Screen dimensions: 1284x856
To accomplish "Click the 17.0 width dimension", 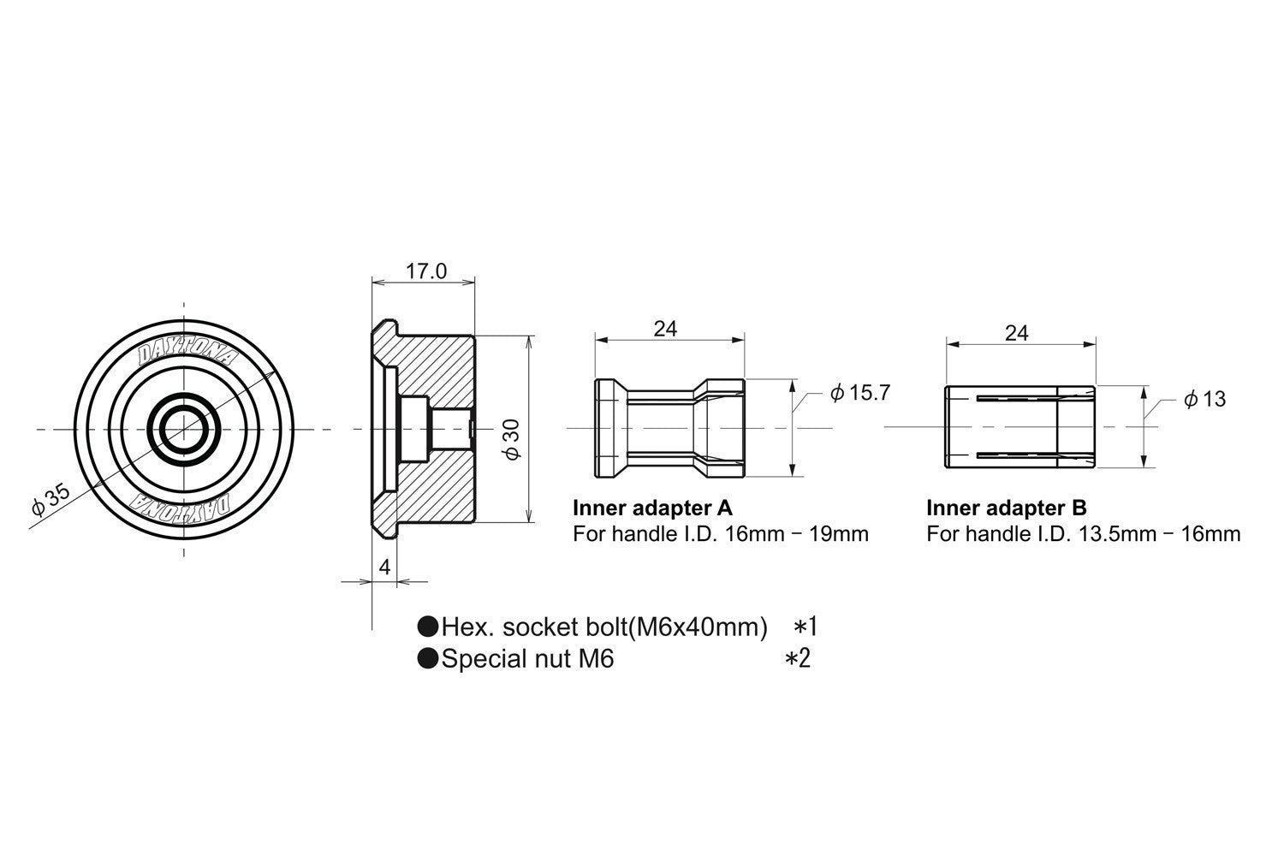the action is coord(426,271).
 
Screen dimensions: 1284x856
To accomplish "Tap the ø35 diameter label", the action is coord(51,499).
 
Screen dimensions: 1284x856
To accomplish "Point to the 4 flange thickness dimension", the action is coord(384,567).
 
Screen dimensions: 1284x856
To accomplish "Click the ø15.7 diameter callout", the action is coord(859,393).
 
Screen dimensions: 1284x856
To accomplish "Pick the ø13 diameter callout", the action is coord(1205,399).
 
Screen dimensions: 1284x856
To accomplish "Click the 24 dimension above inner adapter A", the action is coord(665,329).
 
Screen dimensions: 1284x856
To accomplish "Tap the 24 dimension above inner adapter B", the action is coord(1017,333).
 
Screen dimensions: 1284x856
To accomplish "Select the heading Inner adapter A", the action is coord(653,508).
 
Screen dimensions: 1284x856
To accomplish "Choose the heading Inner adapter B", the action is coord(1007,508).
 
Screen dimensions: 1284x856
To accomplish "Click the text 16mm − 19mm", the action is coord(797,534).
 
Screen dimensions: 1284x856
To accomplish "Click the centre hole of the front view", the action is coord(183,429).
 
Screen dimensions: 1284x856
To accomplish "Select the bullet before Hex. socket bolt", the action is coord(428,627).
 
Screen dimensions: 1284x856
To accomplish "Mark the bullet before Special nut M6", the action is coord(428,658).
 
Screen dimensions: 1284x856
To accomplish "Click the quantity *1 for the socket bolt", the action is coord(805,627).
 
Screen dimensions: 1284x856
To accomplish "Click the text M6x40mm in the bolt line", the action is coord(702,627).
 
